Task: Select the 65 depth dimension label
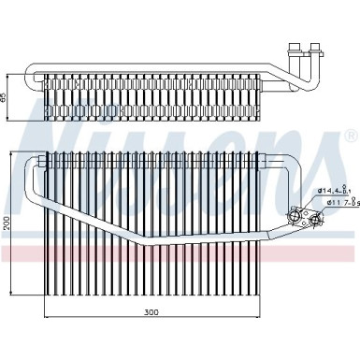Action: [x=8, y=96]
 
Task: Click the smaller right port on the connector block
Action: [x=319, y=221]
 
